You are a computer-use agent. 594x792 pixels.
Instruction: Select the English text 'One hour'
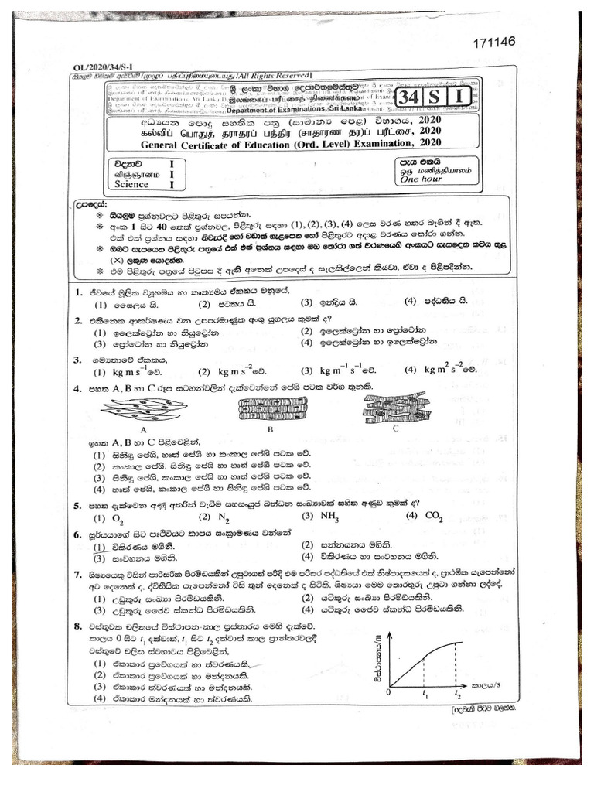coord(420,179)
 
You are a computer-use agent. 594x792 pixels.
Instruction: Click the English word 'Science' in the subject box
coord(131,185)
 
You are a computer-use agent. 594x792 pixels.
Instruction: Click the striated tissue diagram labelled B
coord(271,408)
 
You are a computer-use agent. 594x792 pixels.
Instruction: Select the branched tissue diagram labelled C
coord(395,407)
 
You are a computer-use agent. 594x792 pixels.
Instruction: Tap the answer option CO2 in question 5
coord(433,516)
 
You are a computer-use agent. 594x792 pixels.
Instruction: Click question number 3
coord(77,360)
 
